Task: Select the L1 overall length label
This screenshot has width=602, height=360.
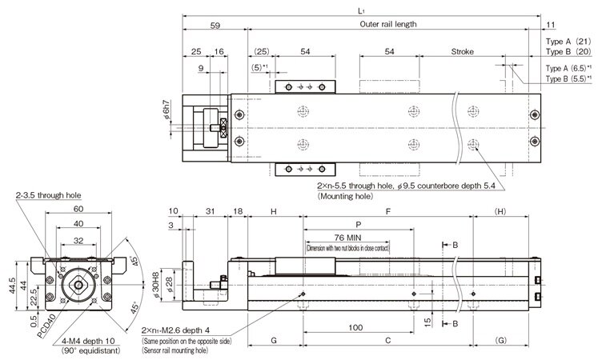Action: (363, 9)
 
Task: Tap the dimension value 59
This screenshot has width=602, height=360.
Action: (215, 24)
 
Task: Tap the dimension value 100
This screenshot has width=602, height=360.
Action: (356, 327)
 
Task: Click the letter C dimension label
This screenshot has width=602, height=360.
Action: (387, 340)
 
